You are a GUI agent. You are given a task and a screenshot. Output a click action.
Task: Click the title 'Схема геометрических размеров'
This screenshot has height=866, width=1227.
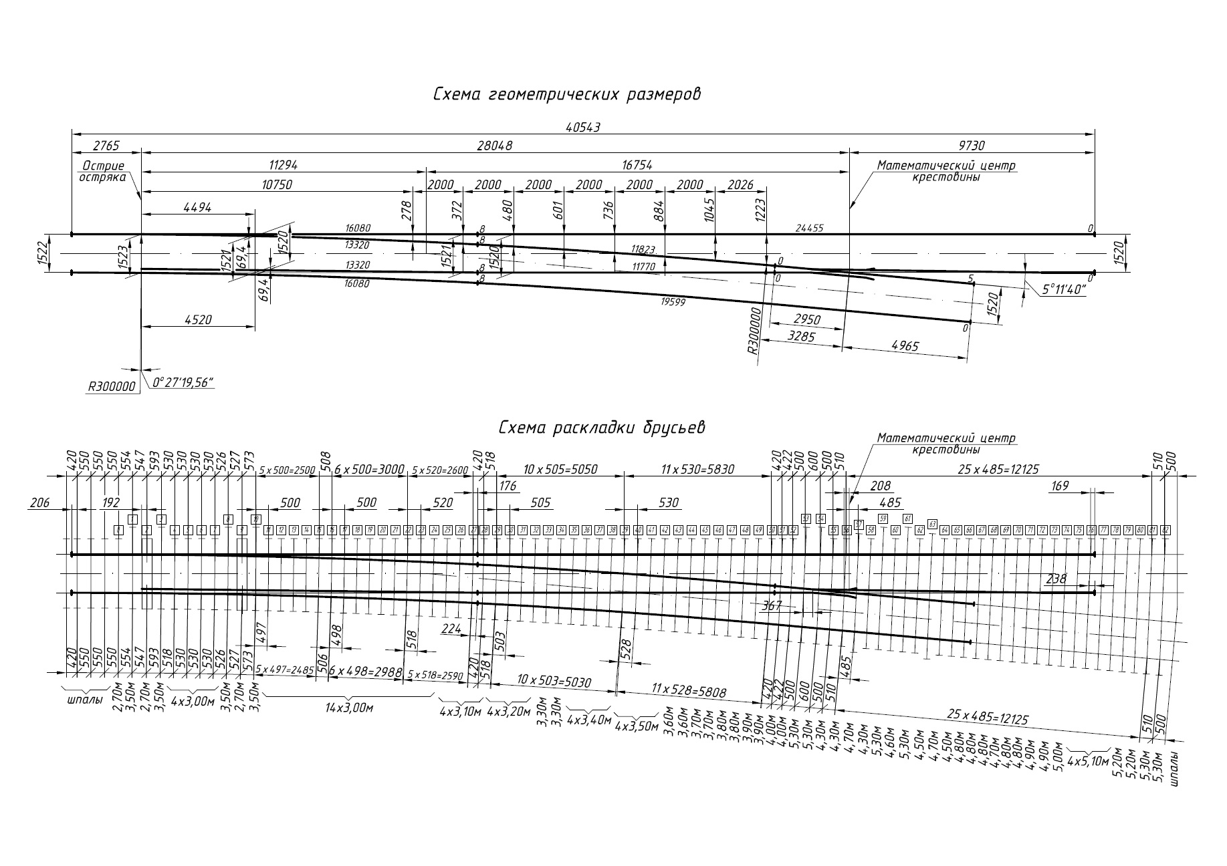pyautogui.click(x=566, y=94)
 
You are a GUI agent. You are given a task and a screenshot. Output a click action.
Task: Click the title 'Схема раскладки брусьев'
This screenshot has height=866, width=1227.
pyautogui.click(x=602, y=428)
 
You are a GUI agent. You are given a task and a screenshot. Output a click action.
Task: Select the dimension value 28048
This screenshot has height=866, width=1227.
pyautogui.click(x=495, y=146)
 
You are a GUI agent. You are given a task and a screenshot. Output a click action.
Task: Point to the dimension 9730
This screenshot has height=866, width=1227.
pyautogui.click(x=971, y=146)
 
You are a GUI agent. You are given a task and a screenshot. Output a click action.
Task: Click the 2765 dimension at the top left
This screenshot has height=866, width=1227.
pyautogui.click(x=106, y=146)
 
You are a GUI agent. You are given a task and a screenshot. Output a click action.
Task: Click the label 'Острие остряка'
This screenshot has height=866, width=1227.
pyautogui.click(x=104, y=172)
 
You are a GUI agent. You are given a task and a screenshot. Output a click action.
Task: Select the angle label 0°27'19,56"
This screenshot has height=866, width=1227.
pyautogui.click(x=182, y=382)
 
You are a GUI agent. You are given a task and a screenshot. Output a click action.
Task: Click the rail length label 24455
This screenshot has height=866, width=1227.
pyautogui.click(x=809, y=228)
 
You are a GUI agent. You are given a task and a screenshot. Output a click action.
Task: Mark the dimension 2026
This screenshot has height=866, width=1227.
pyautogui.click(x=739, y=185)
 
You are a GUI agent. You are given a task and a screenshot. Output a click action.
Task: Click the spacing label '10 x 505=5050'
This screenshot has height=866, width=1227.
pyautogui.click(x=561, y=470)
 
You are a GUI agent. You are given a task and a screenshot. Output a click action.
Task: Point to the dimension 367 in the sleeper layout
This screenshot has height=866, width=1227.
pyautogui.click(x=771, y=605)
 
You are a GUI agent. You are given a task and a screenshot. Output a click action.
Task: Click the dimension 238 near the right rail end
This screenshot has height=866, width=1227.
pyautogui.click(x=1056, y=579)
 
